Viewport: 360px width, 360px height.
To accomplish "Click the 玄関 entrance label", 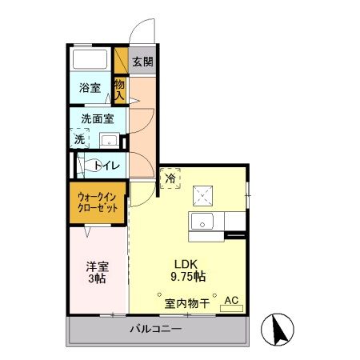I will click(x=143, y=61).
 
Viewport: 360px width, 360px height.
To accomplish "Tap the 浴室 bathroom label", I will click(x=89, y=88).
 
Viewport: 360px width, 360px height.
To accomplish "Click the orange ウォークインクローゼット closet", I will click(x=98, y=202).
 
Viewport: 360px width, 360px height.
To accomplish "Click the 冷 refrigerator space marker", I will click(x=170, y=179).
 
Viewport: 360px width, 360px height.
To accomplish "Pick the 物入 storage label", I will click(x=119, y=89).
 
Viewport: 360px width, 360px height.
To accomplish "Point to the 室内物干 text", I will click(x=187, y=303).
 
